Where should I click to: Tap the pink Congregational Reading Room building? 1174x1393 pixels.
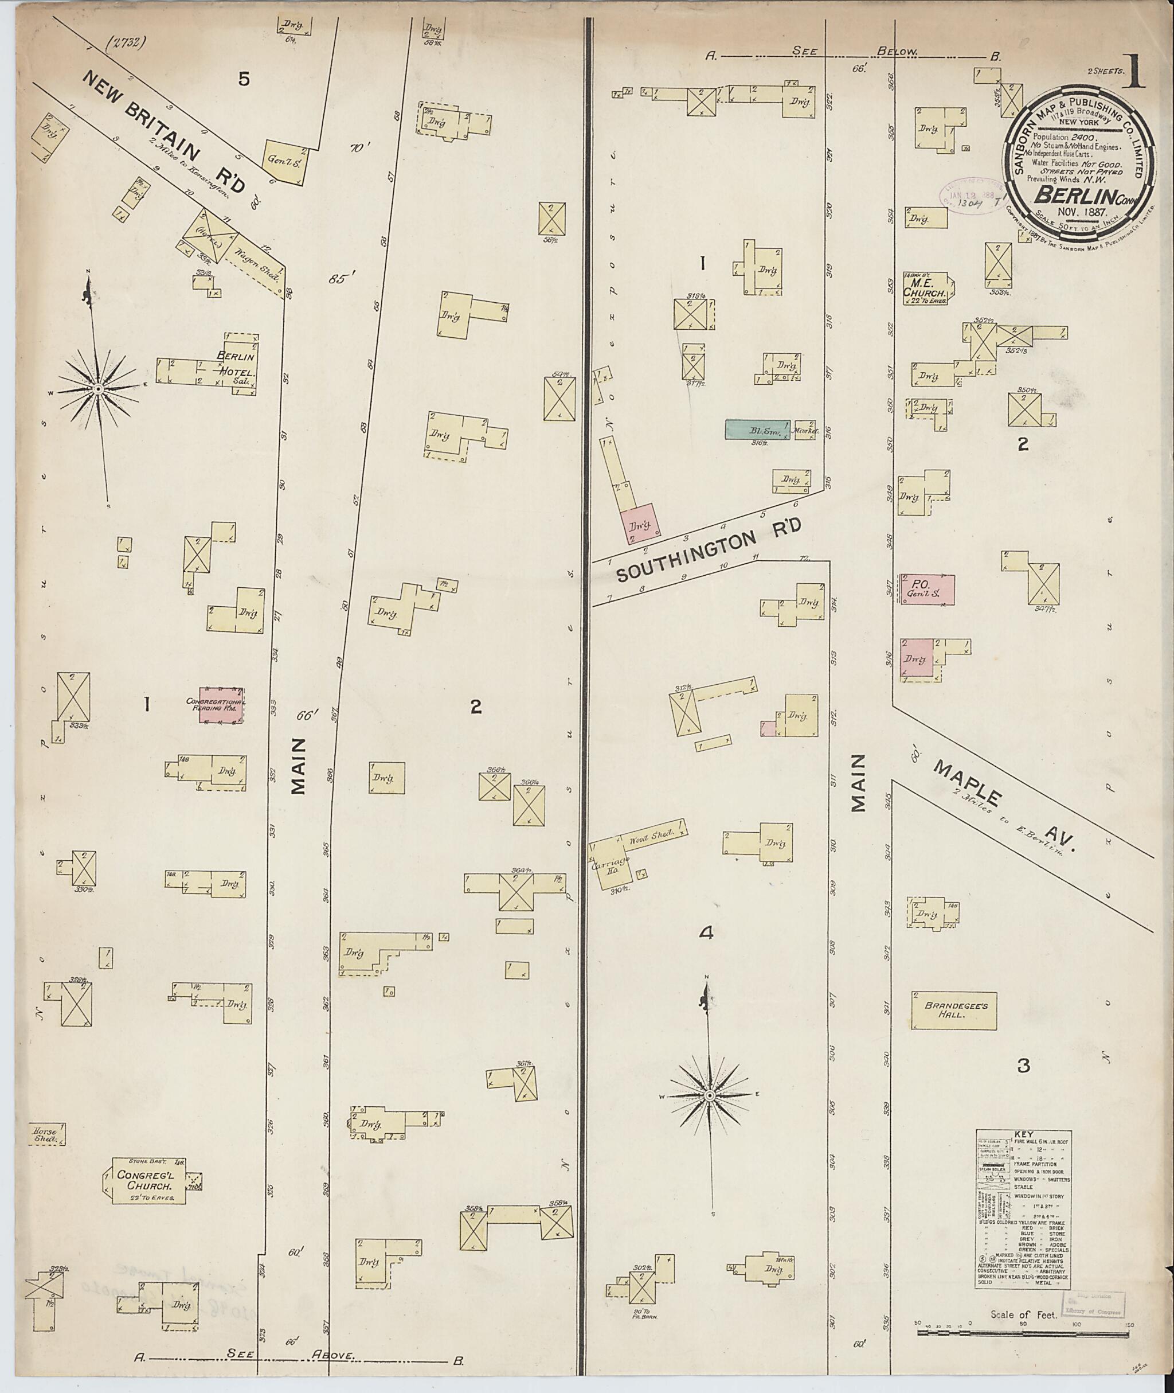pos(222,706)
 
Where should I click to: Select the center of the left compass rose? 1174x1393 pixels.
pos(98,388)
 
